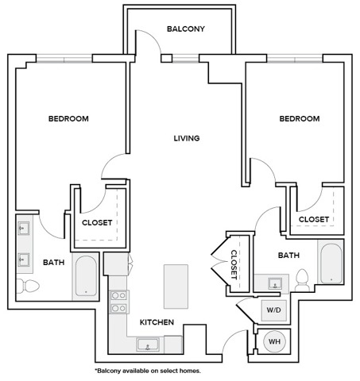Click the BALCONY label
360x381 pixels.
point(186,29)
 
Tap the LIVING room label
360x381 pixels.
point(187,138)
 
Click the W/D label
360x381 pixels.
point(273,309)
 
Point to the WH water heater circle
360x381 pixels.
point(274,341)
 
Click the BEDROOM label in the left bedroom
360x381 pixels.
point(68,119)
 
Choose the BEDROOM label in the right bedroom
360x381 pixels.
point(299,119)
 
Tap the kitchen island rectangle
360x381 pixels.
point(175,286)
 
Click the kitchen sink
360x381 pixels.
point(147,344)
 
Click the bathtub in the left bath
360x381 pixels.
point(85,275)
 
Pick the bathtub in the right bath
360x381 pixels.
point(331,263)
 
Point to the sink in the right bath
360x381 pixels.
point(275,283)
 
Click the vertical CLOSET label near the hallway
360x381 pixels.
point(234,264)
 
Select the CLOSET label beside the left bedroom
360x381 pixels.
point(97,222)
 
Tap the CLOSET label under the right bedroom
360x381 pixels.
point(314,219)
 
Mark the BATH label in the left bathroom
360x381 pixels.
point(54,263)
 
